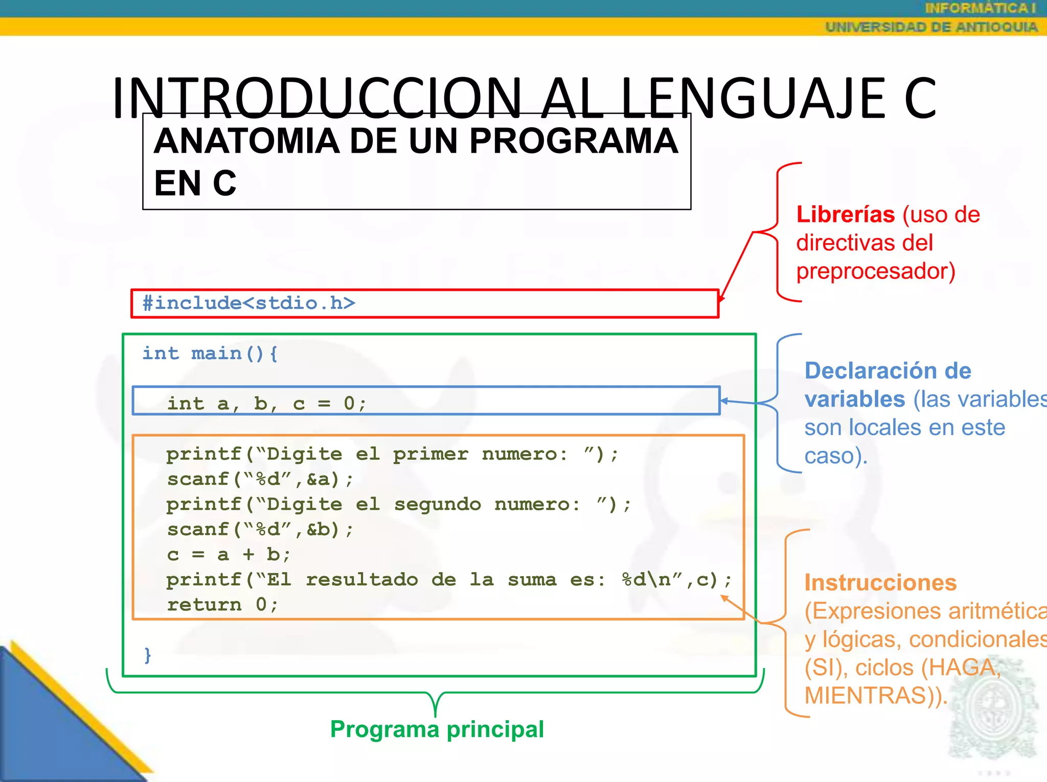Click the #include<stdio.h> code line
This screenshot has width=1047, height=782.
pos(248,303)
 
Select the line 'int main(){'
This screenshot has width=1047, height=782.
pos(210,353)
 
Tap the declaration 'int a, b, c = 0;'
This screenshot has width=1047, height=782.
pos(266,404)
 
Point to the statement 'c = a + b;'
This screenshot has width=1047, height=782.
pos(228,555)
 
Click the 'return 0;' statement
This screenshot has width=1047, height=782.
pos(222,605)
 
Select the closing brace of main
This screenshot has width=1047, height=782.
pos(148,655)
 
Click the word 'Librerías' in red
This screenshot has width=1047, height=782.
pos(845,215)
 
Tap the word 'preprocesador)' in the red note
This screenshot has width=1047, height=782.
pos(875,271)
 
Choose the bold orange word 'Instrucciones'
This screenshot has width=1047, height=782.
pos(880,583)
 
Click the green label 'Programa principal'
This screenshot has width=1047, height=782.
pos(437,729)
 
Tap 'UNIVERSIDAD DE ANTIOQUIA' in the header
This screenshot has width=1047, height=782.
pos(931,27)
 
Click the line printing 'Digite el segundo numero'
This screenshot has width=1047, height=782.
pos(399,505)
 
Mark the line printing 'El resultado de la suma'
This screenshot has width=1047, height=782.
pos(449,580)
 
